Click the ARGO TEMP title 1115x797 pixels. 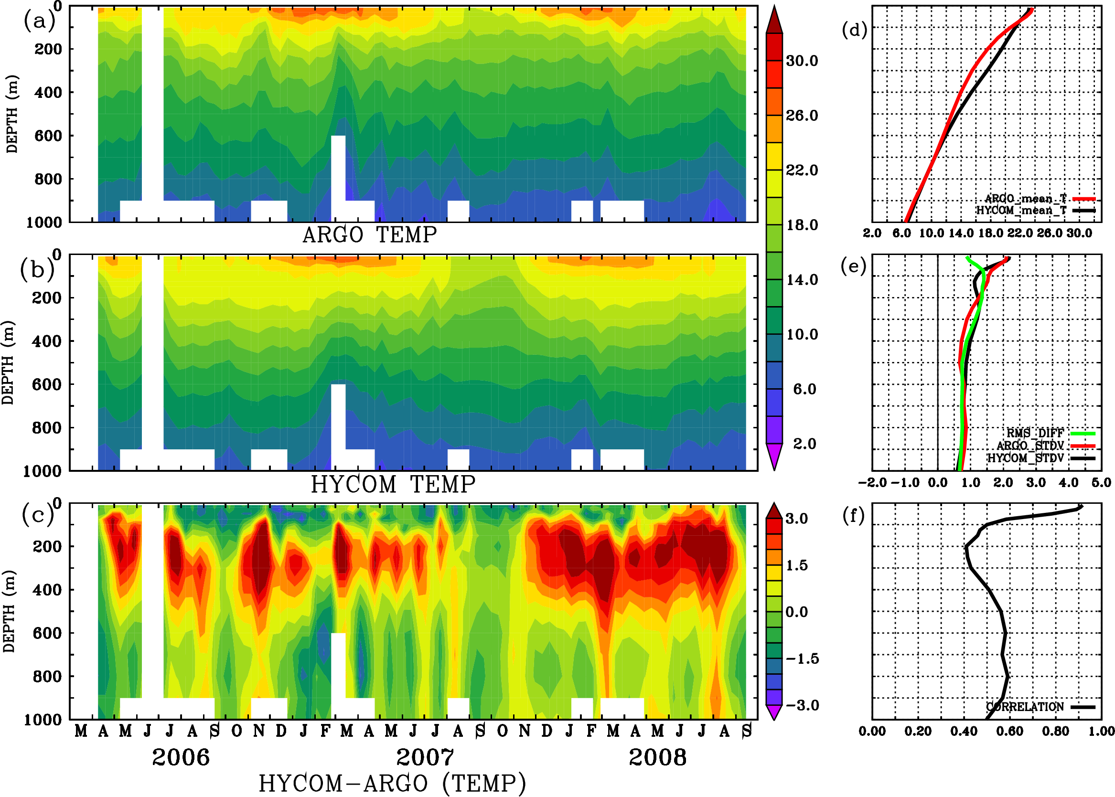pyautogui.click(x=369, y=235)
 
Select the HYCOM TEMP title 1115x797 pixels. pyautogui.click(x=393, y=484)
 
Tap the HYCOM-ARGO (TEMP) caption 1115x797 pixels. pyautogui.click(x=392, y=783)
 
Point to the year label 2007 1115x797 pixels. pyautogui.click(x=425, y=757)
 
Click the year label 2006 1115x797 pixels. pyautogui.click(x=181, y=757)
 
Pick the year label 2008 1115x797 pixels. pyautogui.click(x=657, y=757)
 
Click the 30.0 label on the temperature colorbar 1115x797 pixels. pyautogui.click(x=802, y=61)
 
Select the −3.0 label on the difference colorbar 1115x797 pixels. pyautogui.click(x=802, y=705)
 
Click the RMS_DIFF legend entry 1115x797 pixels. pyautogui.click(x=1035, y=433)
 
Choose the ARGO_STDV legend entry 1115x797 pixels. pyautogui.click(x=1030, y=446)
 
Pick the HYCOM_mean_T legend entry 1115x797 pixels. pyautogui.click(x=1021, y=211)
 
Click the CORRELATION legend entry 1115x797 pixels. pyautogui.click(x=1025, y=707)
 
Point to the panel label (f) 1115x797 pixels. pyautogui.click(x=853, y=515)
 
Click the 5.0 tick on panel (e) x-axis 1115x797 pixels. pyautogui.click(x=1101, y=483)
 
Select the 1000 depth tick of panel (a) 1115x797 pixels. pyautogui.click(x=44, y=223)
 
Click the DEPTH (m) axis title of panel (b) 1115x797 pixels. pyautogui.click(x=8, y=362)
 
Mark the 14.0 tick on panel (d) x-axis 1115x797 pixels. pyautogui.click(x=961, y=233)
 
